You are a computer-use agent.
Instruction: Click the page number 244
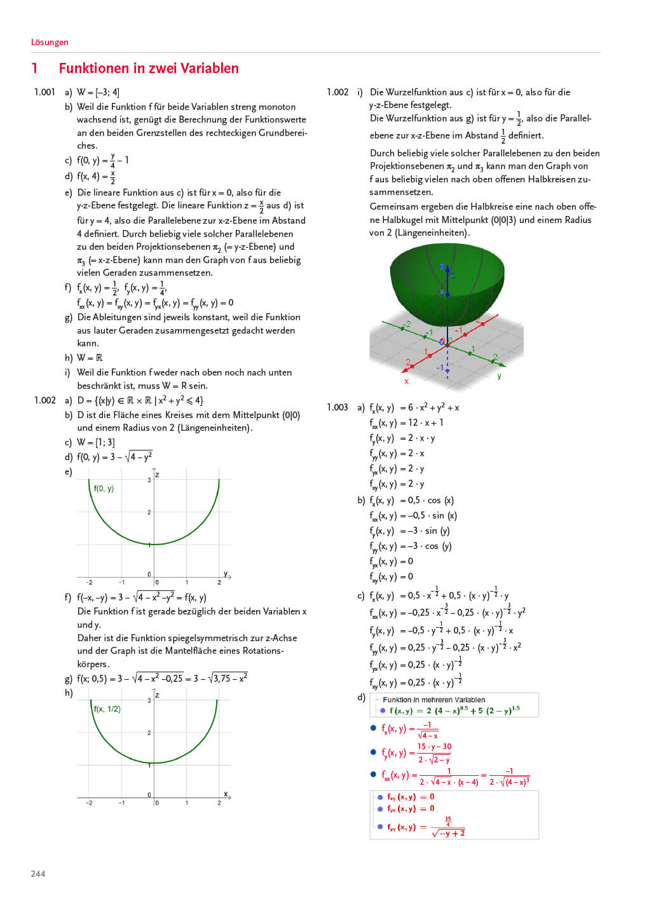(38, 874)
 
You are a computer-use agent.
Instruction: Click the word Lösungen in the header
(50, 42)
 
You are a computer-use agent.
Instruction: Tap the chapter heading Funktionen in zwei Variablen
(149, 68)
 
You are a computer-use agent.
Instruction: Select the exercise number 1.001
(44, 92)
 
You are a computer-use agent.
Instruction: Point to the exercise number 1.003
(337, 407)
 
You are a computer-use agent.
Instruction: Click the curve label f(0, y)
(104, 489)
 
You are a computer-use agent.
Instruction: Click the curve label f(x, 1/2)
(107, 709)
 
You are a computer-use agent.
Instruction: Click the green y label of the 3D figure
(499, 376)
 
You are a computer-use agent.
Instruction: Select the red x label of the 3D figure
(406, 381)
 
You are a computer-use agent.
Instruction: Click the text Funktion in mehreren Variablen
(433, 700)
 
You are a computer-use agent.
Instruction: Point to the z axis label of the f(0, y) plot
(157, 475)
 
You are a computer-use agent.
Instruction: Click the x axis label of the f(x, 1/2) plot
(226, 794)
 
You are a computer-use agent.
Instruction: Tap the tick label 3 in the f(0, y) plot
(149, 480)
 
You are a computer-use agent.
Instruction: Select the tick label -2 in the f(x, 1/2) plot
(89, 803)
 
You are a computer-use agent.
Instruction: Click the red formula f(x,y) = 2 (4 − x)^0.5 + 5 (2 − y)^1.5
(454, 710)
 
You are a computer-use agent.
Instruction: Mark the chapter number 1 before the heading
(34, 68)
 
